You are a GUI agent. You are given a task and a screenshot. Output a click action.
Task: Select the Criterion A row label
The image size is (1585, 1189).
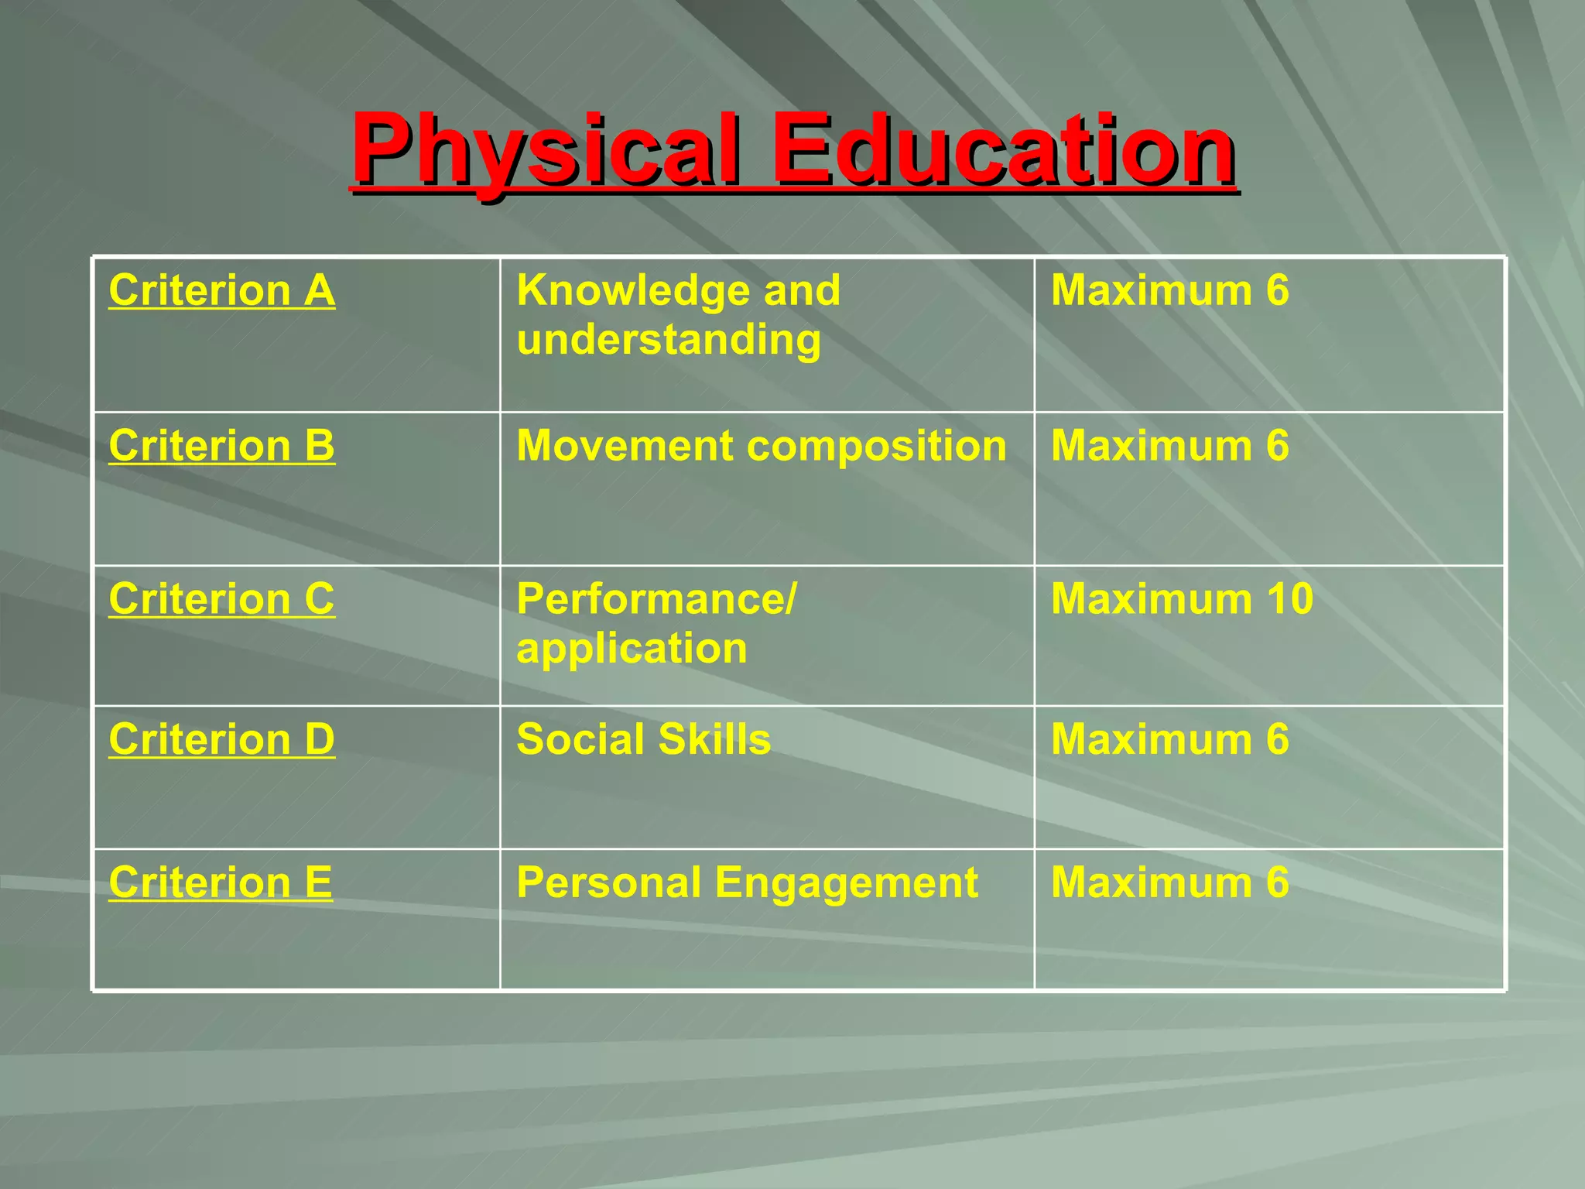(222, 291)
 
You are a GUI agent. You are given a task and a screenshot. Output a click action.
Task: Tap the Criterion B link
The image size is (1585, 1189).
(222, 446)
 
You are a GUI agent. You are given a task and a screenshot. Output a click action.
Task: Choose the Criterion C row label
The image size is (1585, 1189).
(222, 599)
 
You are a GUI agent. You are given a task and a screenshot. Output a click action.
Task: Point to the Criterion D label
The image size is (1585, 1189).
(222, 739)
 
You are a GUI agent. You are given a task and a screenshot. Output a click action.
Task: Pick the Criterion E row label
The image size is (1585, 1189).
(221, 882)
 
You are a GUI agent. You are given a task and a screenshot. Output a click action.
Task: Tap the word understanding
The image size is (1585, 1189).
(669, 341)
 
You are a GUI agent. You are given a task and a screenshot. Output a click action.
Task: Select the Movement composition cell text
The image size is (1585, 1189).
(762, 446)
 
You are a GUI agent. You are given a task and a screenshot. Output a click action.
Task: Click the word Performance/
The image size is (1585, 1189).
(656, 599)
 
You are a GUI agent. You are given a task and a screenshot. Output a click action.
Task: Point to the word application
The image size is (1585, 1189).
(632, 649)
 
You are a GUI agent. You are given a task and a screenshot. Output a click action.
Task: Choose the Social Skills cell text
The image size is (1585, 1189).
(643, 739)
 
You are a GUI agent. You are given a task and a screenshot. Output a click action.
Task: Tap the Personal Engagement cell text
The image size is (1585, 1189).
(747, 882)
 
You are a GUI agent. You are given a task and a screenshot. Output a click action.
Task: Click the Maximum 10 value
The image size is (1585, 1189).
(1182, 599)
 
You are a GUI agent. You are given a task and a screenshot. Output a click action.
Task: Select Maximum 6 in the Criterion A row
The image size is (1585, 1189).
(1169, 291)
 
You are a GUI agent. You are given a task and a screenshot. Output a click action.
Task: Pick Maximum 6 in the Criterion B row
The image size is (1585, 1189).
(1169, 446)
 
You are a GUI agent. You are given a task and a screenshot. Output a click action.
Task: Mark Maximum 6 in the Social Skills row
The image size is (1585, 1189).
(1169, 739)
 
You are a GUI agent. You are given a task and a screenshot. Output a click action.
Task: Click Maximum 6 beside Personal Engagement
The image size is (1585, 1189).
(1169, 882)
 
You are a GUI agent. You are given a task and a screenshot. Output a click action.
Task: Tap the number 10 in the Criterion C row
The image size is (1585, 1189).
(1290, 599)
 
